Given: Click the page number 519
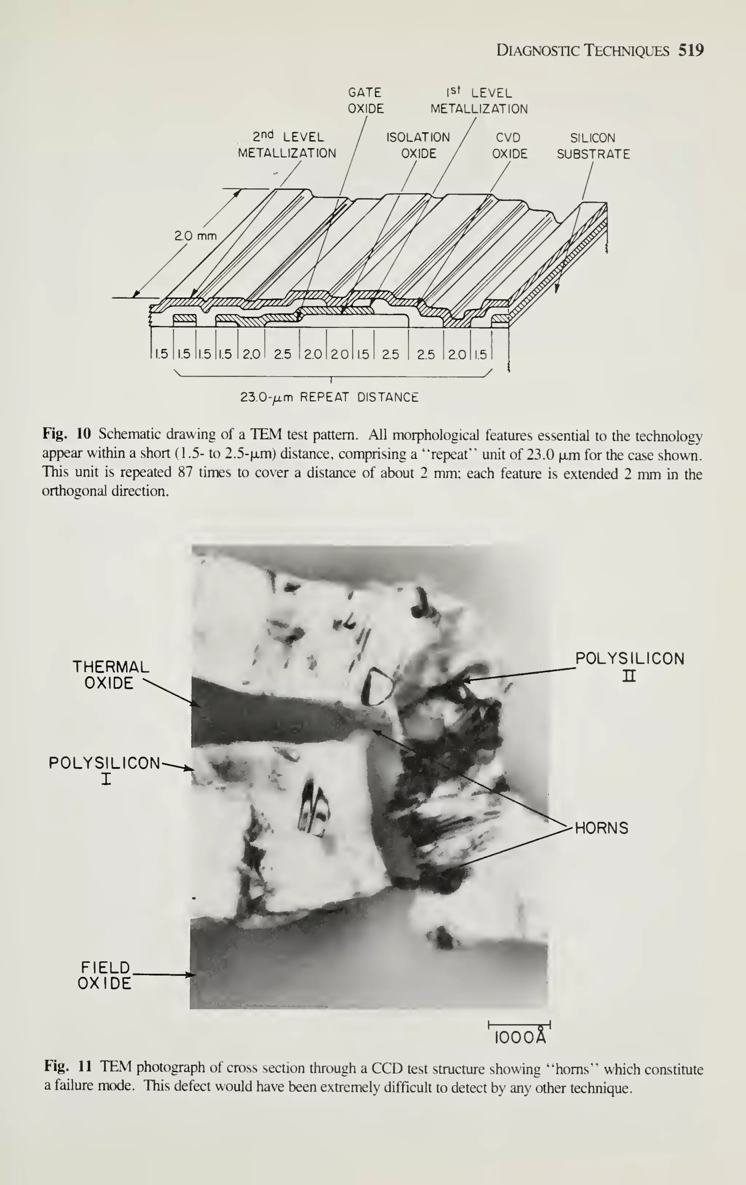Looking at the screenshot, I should (691, 50).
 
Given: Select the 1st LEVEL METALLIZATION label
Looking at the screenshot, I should (479, 101).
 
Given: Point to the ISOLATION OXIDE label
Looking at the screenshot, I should (418, 145).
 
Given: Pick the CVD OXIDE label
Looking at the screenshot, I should (509, 146).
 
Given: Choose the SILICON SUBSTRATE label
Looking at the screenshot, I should (593, 146).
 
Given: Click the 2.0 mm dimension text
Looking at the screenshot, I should (195, 236).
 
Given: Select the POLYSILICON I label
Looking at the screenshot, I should (105, 770).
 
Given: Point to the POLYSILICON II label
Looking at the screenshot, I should (629, 666).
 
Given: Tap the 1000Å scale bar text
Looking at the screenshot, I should (520, 1038).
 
